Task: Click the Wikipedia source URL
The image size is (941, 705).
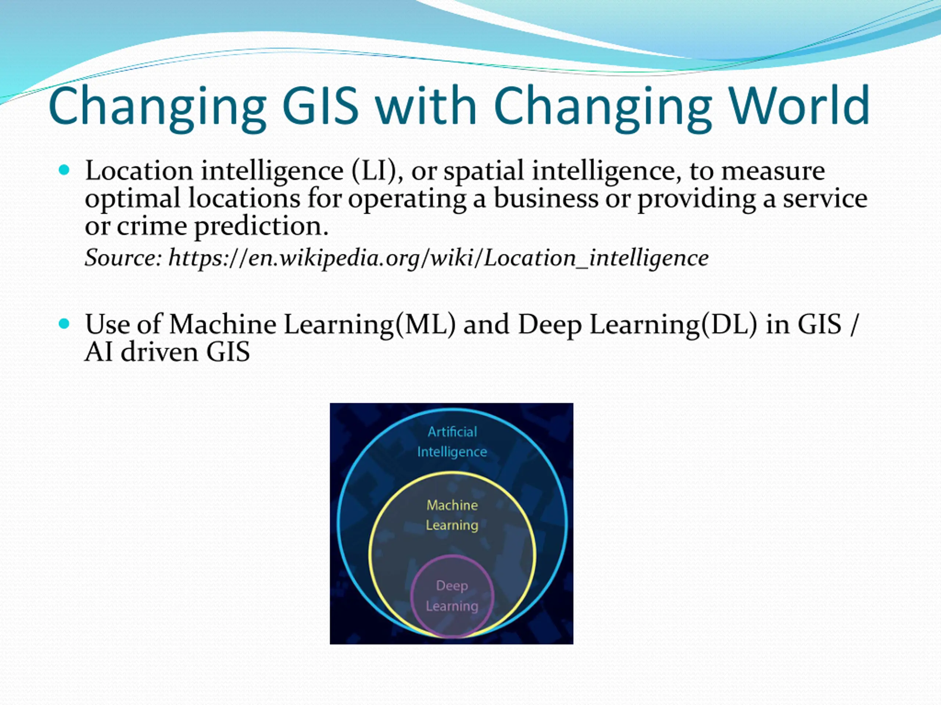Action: [x=439, y=258]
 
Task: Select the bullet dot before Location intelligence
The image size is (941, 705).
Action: [x=64, y=170]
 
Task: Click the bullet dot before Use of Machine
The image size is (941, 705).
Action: [x=64, y=324]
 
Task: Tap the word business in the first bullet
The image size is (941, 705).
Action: [x=546, y=198]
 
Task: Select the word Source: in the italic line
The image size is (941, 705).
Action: [x=124, y=257]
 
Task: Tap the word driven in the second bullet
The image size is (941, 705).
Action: [x=160, y=352]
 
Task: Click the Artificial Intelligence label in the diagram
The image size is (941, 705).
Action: [x=452, y=441]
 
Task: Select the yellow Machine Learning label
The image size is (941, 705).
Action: [x=452, y=515]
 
